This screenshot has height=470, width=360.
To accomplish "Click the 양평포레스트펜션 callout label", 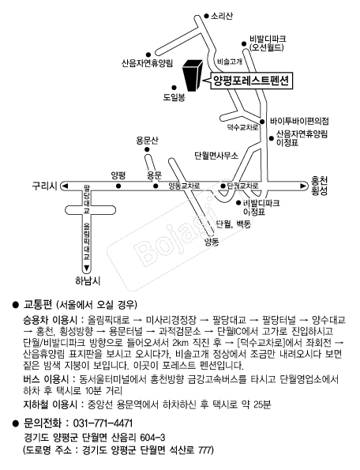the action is click(251, 80).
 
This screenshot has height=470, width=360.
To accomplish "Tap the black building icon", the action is click(193, 75).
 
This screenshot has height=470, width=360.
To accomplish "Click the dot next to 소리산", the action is click(206, 16).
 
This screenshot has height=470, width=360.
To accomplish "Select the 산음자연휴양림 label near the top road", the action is click(147, 63).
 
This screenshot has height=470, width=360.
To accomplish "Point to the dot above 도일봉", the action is click(174, 88).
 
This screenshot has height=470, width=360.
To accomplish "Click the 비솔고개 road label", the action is click(230, 62).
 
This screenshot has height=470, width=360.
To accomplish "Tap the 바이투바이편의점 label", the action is click(299, 121).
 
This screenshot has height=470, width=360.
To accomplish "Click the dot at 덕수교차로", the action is click(262, 122).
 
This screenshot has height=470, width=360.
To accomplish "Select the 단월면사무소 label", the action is click(216, 156).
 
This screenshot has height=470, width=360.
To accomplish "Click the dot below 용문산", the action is click(147, 149).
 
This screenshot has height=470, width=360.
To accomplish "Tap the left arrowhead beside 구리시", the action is click(65, 186).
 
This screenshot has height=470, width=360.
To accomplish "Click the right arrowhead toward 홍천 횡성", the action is click(303, 186).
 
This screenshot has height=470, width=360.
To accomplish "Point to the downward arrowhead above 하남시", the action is click(87, 268).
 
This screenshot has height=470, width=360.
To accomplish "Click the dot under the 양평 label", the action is click(118, 186).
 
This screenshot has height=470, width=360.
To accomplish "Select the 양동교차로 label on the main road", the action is click(184, 186).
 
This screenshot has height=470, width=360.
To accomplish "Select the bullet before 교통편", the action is click(16, 305).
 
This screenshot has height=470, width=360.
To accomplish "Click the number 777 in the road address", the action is click(204, 450).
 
